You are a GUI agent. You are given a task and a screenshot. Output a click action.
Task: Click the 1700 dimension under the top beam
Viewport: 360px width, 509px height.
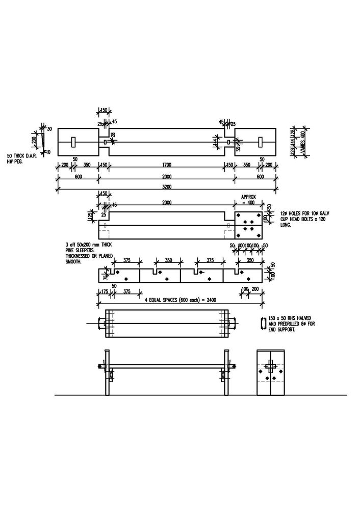[x=166, y=165]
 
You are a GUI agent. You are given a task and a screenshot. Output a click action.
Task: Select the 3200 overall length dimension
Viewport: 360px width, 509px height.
[x=166, y=187]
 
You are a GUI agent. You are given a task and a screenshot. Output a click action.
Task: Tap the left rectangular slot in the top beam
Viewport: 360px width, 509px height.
[x=73, y=141]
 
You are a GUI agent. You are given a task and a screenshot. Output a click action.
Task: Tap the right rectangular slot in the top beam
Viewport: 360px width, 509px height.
[x=261, y=141]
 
